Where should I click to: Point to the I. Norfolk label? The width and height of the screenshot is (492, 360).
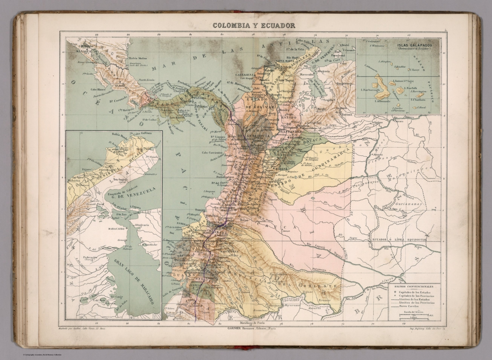410,88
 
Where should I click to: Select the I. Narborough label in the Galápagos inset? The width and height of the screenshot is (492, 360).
370,90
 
